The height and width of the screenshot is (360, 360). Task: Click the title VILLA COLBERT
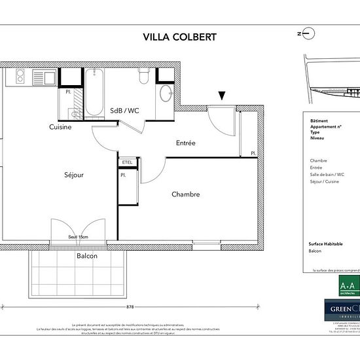click(179, 37)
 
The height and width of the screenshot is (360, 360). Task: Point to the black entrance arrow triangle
click(223, 96)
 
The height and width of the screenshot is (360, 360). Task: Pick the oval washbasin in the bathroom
click(166, 92)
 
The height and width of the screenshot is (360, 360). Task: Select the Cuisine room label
click(60, 127)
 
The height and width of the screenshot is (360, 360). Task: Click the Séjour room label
click(74, 175)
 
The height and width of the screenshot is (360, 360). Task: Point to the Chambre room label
click(185, 194)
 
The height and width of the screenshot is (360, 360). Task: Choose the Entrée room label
click(186, 143)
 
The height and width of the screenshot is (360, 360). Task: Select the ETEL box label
click(126, 162)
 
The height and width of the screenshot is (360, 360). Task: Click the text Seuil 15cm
click(79, 237)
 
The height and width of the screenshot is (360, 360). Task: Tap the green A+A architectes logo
click(348, 286)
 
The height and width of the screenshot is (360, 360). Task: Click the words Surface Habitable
click(325, 243)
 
